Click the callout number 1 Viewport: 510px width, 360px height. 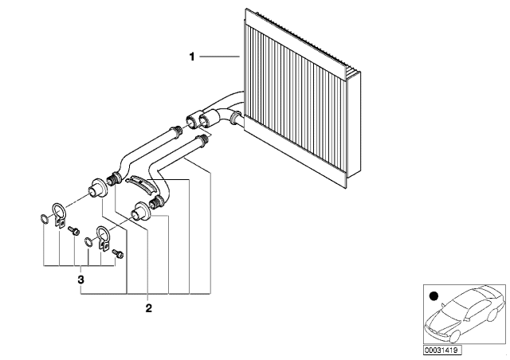click(192, 57)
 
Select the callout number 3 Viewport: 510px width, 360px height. click(80, 280)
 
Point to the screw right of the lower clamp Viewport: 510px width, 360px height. click(119, 254)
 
